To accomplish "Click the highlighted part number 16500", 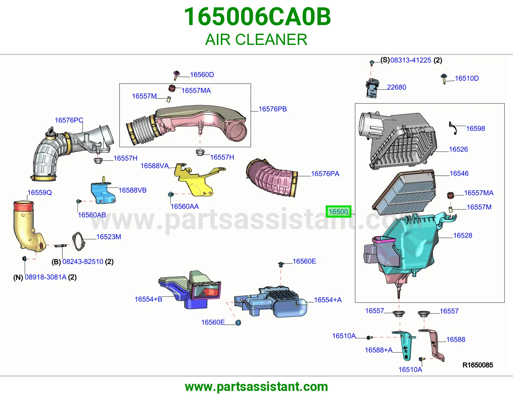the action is tap(338, 212).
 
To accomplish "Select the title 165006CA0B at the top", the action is tap(257, 17).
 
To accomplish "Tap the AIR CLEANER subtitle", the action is tap(256, 39).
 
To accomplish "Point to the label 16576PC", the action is tap(69, 120).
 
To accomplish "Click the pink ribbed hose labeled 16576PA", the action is tap(272, 178).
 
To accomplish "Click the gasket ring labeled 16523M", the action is tap(79, 241).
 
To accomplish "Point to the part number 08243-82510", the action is tap(83, 262).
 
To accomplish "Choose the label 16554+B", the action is tap(148, 299).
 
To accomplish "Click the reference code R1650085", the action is tap(478, 365).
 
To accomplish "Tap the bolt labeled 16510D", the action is tap(444, 79).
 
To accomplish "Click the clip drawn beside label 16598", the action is tap(453, 128).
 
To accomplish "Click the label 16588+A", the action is tap(379, 350).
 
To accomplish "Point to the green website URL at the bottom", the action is tap(256, 387).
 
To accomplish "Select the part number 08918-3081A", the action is tap(46, 277).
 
